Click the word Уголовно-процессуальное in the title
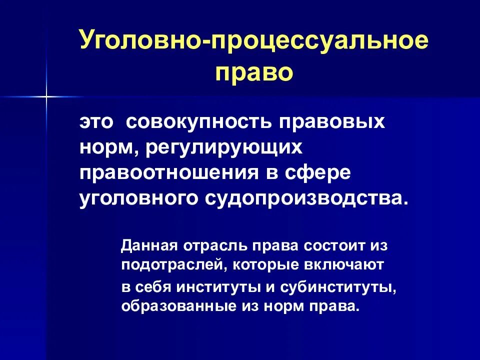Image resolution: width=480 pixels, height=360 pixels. [254, 41]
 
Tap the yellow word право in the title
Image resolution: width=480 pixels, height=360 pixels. [254, 71]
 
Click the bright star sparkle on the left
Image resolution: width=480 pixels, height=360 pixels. [45, 95]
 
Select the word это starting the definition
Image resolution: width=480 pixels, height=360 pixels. [97, 122]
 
